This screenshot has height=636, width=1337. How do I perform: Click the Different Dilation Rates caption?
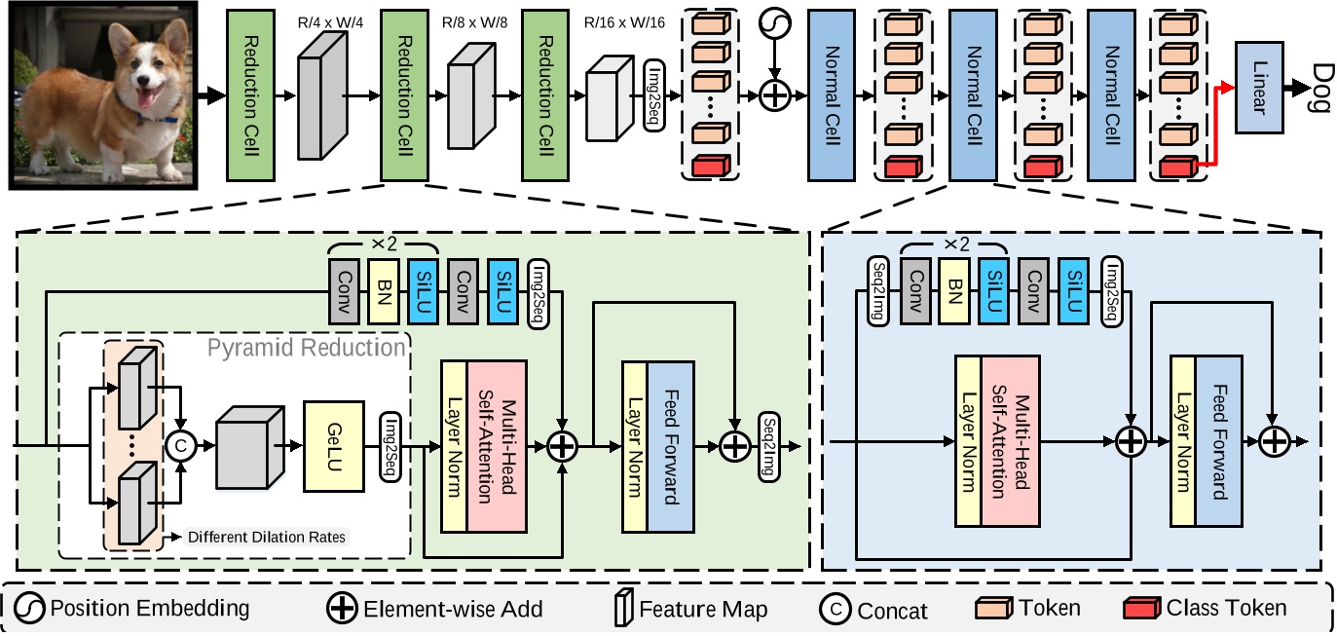266,536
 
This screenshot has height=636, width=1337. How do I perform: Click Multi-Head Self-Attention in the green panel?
497,445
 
